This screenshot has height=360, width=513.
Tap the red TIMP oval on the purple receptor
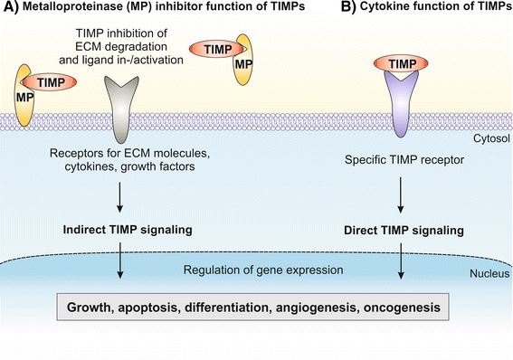point(400,64)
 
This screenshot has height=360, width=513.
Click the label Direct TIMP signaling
point(399,230)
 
